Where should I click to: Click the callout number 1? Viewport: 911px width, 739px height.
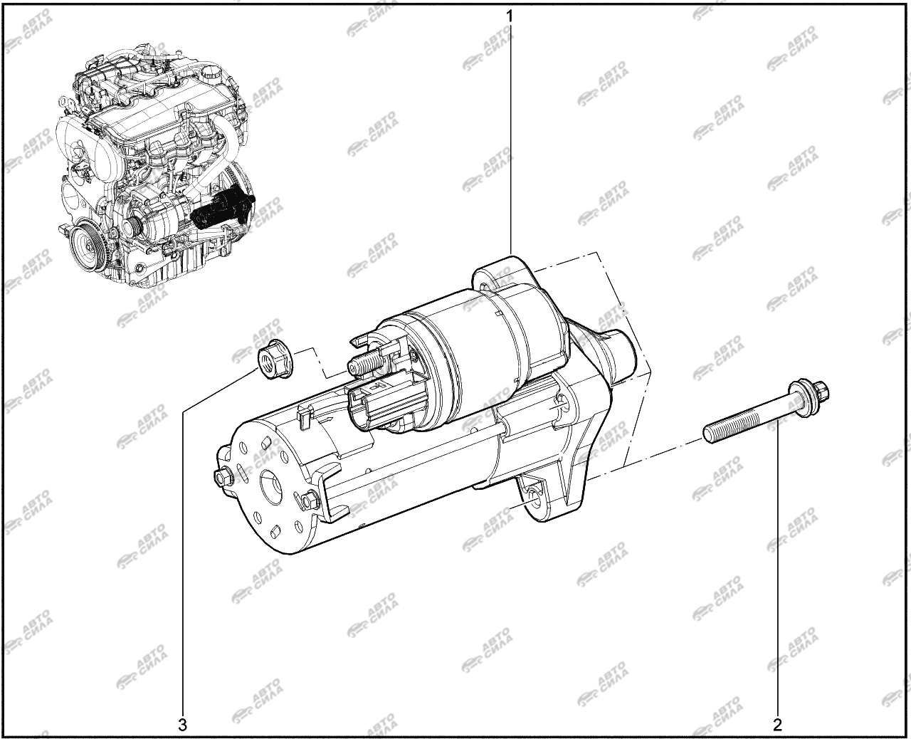tap(509, 16)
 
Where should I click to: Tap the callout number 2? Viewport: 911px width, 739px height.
tap(778, 724)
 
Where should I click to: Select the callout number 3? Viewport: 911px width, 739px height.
tap(183, 725)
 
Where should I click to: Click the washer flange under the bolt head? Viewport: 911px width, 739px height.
tap(799, 396)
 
